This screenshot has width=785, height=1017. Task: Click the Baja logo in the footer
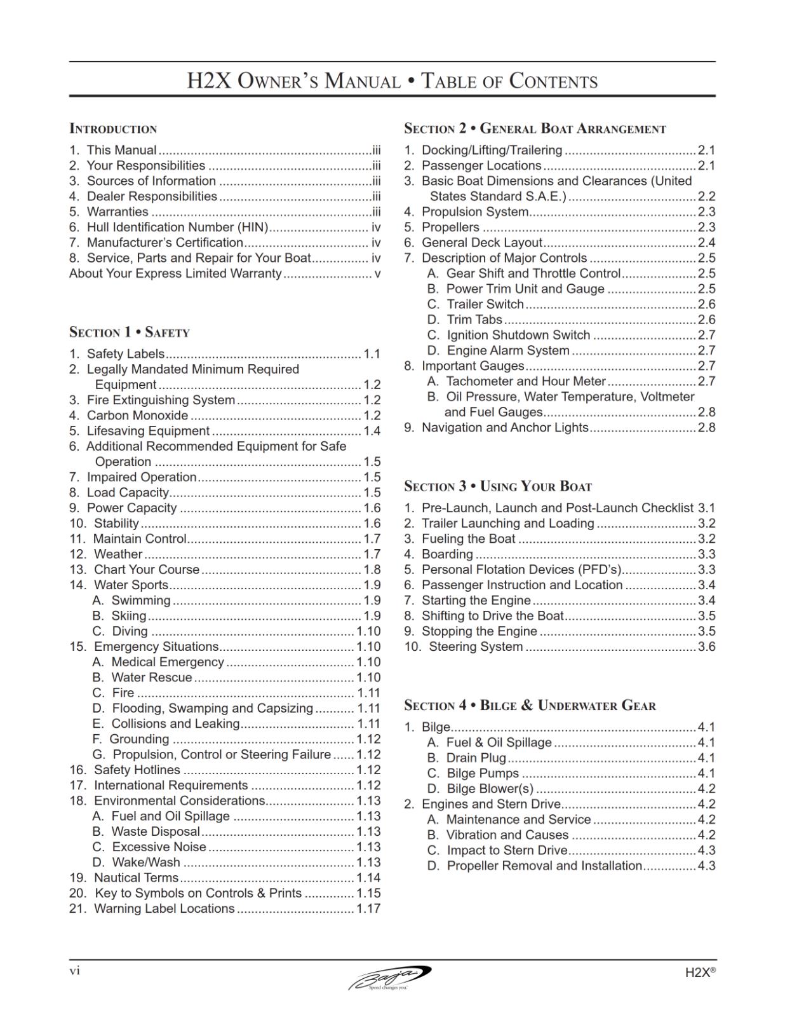pyautogui.click(x=390, y=978)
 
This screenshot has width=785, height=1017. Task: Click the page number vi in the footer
pyautogui.click(x=74, y=971)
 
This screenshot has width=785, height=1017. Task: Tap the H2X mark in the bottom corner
pyautogui.click(x=700, y=973)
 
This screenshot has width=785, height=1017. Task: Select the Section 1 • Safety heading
pyautogui.click(x=130, y=332)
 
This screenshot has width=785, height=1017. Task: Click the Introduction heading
pyautogui.click(x=113, y=129)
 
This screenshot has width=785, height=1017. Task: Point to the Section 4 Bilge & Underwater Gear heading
pyautogui.click(x=530, y=706)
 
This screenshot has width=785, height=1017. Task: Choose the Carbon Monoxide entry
pyautogui.click(x=137, y=416)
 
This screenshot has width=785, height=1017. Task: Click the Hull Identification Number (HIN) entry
pyautogui.click(x=177, y=227)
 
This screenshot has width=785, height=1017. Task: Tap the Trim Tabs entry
pyautogui.click(x=474, y=320)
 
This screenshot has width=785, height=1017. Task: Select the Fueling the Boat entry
pyautogui.click(x=468, y=539)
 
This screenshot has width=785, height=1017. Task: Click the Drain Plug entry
pyautogui.click(x=476, y=758)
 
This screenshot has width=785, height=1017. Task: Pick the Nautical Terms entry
pyautogui.click(x=136, y=878)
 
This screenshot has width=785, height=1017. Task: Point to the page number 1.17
pyautogui.click(x=368, y=909)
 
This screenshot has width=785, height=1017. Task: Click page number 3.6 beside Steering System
pyautogui.click(x=706, y=647)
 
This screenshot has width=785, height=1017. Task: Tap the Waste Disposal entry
pyautogui.click(x=155, y=831)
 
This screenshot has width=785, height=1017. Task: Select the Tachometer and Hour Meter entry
pyautogui.click(x=525, y=381)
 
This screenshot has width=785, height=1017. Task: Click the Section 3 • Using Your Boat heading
pyautogui.click(x=498, y=487)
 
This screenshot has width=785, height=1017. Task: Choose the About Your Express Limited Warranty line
pyautogui.click(x=175, y=273)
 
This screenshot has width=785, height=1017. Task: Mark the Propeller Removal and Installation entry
pyautogui.click(x=544, y=866)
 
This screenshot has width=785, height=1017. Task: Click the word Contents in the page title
pyautogui.click(x=554, y=82)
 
